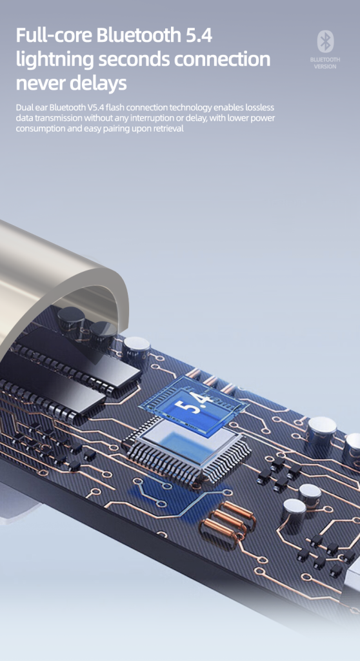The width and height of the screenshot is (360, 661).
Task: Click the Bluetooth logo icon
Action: (x=325, y=42)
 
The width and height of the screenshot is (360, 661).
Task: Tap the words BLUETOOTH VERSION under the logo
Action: (x=325, y=63)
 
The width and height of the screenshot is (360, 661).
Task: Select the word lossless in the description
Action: (x=261, y=108)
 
